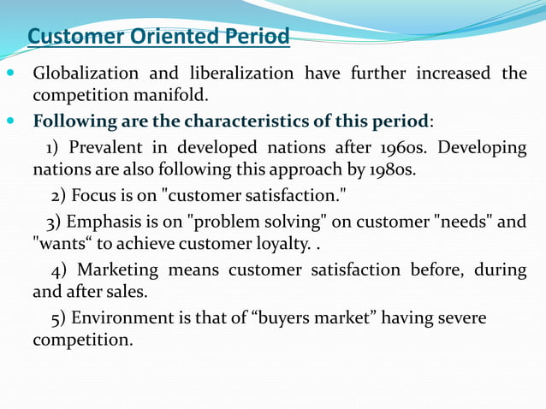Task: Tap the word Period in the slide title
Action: point(256,38)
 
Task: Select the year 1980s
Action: point(385,169)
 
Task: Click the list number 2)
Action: point(59,196)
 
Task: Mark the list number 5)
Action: point(59,318)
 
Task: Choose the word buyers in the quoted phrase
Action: point(288,318)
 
